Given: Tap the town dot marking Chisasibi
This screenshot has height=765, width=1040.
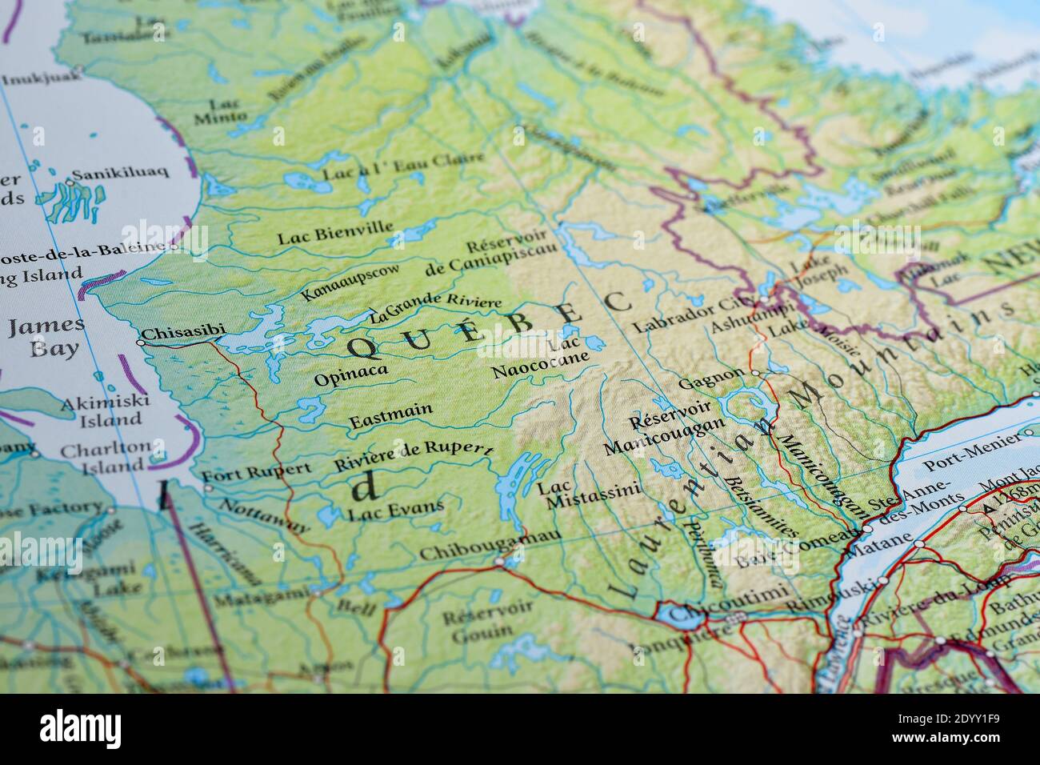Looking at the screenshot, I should pos(141,342).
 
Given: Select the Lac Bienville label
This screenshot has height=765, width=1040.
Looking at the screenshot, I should pos(335,233).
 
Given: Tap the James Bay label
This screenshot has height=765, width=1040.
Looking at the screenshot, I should pos(45,336).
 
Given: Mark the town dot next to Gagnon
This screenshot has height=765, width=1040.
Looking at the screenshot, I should pos(755,373).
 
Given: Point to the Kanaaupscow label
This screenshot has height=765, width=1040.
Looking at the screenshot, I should pos(350,281).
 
